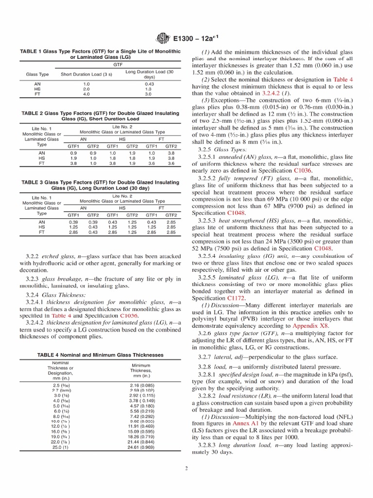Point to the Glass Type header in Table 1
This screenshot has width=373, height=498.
pos(37,74)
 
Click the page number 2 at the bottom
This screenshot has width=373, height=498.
pos(186,469)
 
